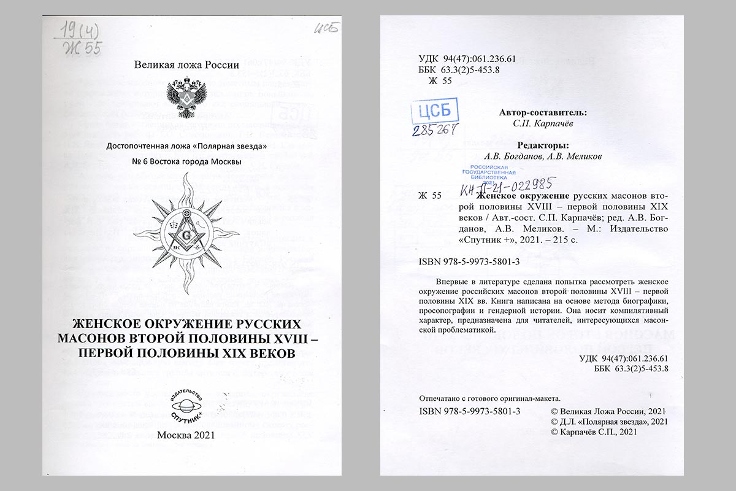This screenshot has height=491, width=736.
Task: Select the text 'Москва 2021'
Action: [186, 435]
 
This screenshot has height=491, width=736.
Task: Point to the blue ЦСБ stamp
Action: [434, 112]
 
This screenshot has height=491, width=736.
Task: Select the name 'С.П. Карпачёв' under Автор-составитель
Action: [526, 124]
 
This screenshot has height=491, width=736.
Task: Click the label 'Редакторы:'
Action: [526, 145]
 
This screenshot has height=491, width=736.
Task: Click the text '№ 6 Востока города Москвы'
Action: [186, 161]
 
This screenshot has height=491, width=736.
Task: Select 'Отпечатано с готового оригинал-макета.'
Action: [489, 398]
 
